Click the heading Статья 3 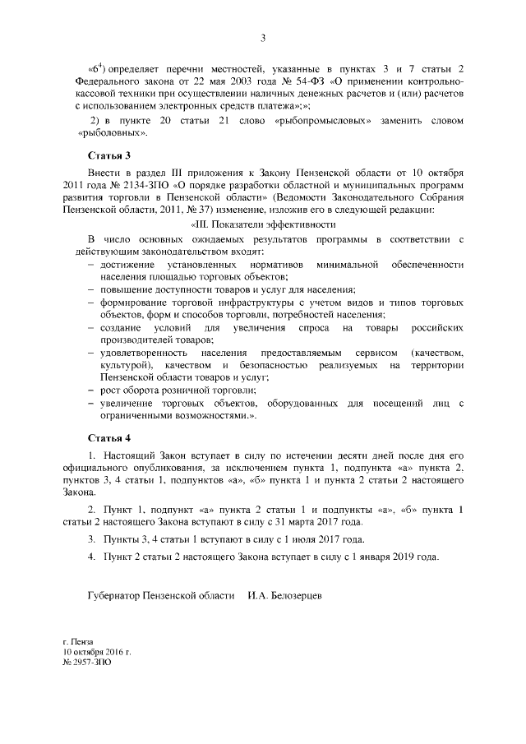coord(109,155)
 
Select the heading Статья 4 coord(109,437)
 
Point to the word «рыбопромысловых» coord(317,121)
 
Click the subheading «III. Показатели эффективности coord(262,224)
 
